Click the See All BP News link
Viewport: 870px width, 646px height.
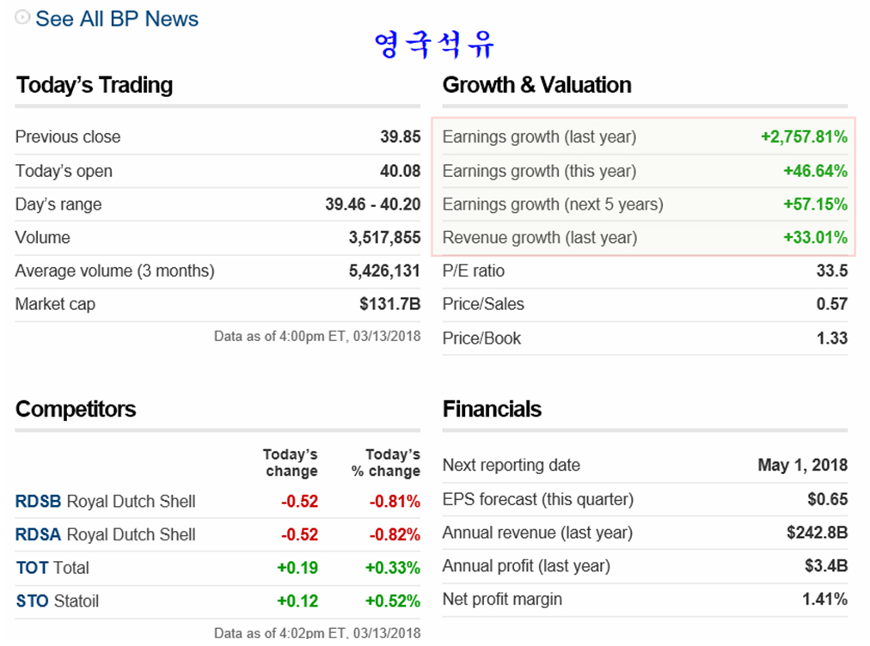click(116, 19)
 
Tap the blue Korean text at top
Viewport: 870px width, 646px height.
click(434, 44)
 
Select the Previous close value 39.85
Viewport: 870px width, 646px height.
click(400, 137)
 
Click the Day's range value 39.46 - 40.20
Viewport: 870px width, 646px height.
click(372, 204)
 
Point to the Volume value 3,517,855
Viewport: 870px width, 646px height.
click(384, 238)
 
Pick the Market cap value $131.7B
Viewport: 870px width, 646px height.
click(389, 304)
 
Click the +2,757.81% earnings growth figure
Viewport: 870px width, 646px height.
click(804, 137)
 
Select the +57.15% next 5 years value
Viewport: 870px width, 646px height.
click(815, 204)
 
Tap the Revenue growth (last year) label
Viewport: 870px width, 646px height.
click(539, 238)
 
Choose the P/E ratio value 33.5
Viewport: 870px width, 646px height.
click(831, 271)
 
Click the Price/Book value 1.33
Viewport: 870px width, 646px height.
click(831, 338)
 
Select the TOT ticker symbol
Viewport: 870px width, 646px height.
click(31, 568)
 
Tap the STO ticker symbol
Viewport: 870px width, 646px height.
click(32, 601)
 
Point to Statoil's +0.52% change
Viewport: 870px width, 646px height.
click(392, 601)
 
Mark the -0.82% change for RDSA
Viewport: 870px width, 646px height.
click(395, 535)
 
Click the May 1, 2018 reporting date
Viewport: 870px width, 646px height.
click(802, 466)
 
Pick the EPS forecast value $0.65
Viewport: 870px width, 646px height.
click(827, 499)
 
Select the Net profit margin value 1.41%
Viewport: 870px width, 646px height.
click(824, 599)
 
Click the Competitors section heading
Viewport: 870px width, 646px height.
click(76, 409)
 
